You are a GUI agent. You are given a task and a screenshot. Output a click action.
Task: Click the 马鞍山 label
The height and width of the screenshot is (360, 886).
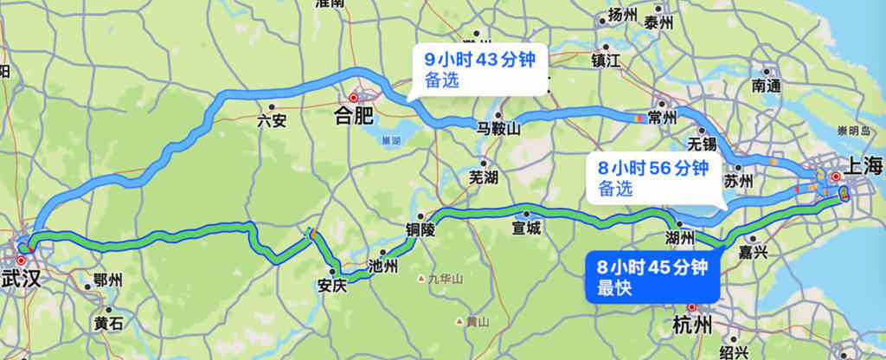tap(498, 130)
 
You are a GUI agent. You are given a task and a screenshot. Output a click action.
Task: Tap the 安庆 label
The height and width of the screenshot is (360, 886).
tap(332, 284)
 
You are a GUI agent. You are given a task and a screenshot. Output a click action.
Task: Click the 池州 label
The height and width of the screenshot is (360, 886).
tap(382, 266)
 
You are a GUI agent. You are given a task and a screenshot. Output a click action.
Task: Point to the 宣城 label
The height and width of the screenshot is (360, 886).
tap(525, 228)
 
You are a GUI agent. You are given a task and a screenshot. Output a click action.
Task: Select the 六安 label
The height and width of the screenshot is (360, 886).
tap(272, 121)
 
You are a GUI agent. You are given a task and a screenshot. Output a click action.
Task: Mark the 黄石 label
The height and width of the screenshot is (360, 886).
tap(109, 324)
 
